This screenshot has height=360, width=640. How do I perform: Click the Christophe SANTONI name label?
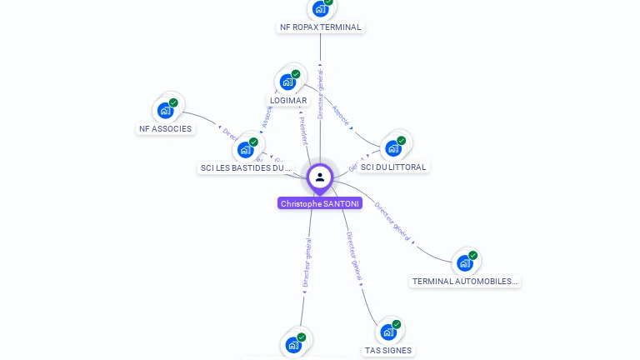(x=320, y=203)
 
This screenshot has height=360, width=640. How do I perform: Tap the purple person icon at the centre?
(x=320, y=177)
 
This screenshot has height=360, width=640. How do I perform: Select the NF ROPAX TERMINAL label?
(x=321, y=27)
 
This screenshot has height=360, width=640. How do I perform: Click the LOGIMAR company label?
(x=288, y=100)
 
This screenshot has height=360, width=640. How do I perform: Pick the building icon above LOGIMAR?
(x=288, y=82)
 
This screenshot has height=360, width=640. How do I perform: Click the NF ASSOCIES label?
(x=165, y=128)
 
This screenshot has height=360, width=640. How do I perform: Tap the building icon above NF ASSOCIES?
(x=166, y=110)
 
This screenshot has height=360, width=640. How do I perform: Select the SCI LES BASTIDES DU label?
(x=245, y=167)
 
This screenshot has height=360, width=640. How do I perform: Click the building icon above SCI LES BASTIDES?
(x=245, y=149)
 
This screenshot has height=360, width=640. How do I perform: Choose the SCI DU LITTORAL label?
(x=393, y=167)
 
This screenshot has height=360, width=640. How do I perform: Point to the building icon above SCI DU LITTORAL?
(x=392, y=148)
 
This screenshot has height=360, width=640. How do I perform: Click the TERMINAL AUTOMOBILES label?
(x=465, y=281)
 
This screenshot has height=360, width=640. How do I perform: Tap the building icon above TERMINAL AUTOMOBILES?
(x=465, y=263)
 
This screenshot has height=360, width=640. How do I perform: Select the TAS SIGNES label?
(x=388, y=350)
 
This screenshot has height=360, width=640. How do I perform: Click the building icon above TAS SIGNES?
(x=388, y=332)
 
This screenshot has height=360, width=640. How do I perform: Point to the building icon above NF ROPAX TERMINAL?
(x=321, y=9)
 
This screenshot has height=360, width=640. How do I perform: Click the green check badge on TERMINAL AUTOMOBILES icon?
(x=473, y=256)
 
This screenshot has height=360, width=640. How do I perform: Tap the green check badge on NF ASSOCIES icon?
(x=173, y=102)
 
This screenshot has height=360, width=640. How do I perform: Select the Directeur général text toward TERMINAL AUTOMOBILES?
(x=392, y=220)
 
